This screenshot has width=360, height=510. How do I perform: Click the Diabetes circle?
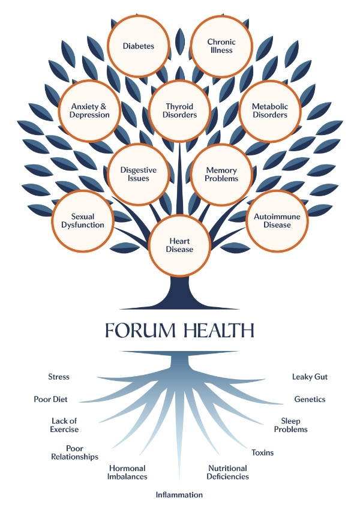coord(139,46)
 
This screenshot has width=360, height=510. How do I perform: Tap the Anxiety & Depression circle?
coord(90,111)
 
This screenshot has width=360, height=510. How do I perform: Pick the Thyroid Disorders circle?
coord(181,111)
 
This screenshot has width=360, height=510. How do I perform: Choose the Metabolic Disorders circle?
coord(269,111)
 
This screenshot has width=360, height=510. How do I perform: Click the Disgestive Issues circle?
coord(139,174)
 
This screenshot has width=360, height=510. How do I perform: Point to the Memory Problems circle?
coord(221,174)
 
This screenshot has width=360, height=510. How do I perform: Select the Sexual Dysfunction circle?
coord(83,220)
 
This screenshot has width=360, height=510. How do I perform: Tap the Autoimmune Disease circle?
coord(277,220)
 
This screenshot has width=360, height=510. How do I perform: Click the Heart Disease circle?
coord(180,245)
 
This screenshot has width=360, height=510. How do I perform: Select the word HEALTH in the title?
coord(220,331)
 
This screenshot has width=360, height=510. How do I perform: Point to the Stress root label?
coord(59,377)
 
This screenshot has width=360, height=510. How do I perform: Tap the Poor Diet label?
coord(50,399)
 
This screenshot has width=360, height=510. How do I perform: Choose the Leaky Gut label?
coord(310,377)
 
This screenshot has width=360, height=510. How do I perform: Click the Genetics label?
coord(310,399)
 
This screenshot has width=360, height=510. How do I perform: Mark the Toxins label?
coord(262,452)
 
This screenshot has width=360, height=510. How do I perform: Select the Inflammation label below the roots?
coord(179,495)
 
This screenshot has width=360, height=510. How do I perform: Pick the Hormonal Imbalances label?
coord(128,472)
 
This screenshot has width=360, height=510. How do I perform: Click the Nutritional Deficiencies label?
coord(228,472)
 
